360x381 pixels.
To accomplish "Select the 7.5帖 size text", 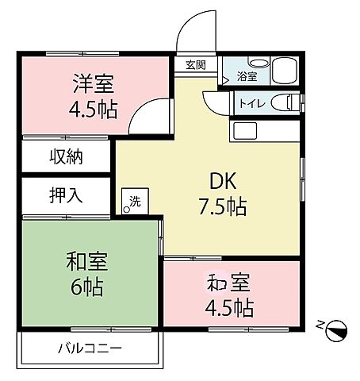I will [x=221, y=207].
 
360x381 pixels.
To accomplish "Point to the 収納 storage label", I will [x=68, y=157].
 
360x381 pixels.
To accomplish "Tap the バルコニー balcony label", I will [x=89, y=348].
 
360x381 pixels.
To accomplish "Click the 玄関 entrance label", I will [x=197, y=65].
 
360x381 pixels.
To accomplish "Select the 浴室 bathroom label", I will [x=247, y=77].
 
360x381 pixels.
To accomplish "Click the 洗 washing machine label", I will [x=134, y=201].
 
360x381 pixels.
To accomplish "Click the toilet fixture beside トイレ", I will [x=281, y=102].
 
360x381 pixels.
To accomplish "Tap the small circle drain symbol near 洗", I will [x=126, y=210].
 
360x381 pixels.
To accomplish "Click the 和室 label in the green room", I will [x=87, y=261].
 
